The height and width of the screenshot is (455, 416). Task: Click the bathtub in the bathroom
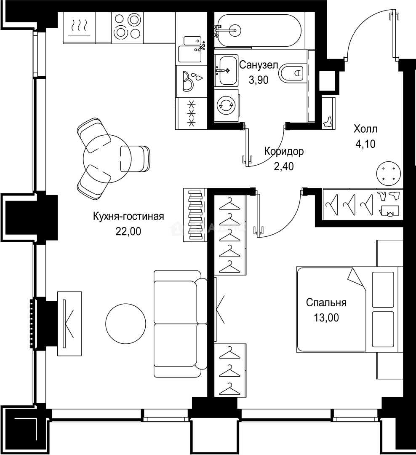[x=258, y=30]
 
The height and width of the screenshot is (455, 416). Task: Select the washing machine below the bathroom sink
[x=226, y=105]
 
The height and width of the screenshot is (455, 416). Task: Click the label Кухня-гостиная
[x=128, y=217]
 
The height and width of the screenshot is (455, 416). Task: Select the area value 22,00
[x=128, y=231]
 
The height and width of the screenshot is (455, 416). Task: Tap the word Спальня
[x=326, y=302]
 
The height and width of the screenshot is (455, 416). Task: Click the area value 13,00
[x=326, y=317]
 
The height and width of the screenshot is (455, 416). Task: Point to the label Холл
[x=365, y=128]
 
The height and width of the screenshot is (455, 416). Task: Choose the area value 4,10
[x=365, y=144]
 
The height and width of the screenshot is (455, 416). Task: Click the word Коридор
[x=284, y=152]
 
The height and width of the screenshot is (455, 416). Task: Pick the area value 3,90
[x=258, y=80]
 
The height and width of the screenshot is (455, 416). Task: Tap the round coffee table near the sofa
[x=125, y=324]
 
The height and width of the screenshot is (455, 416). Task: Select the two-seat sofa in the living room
[x=179, y=324]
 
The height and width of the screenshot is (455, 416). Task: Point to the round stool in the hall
[x=388, y=173]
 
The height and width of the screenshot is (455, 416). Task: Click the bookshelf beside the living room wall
[x=194, y=215]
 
